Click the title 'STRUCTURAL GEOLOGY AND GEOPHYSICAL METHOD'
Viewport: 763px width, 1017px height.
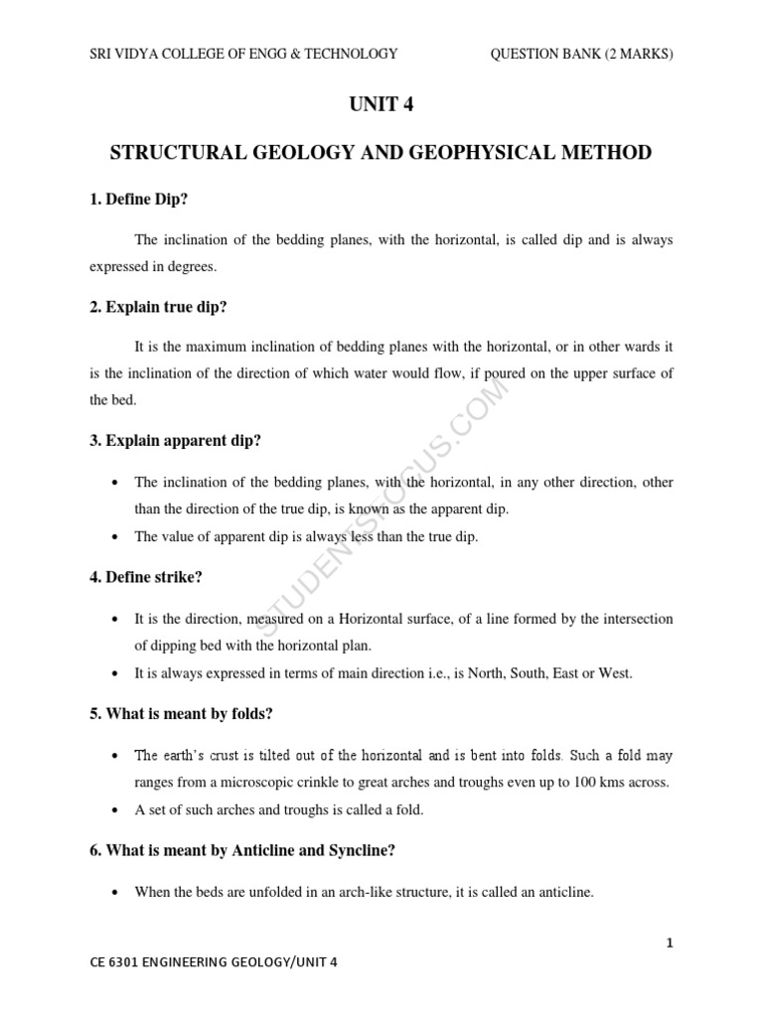pyautogui.click(x=381, y=153)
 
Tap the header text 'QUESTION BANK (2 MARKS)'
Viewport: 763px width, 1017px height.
pyautogui.click(x=581, y=54)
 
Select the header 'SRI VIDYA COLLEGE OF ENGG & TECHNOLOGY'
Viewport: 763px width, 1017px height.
pyautogui.click(x=243, y=54)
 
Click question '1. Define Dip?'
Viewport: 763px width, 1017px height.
pyautogui.click(x=139, y=200)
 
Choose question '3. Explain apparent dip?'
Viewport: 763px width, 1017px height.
pyautogui.click(x=176, y=440)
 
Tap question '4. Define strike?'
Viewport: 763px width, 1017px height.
pyautogui.click(x=146, y=576)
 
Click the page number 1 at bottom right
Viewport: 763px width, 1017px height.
pyautogui.click(x=671, y=944)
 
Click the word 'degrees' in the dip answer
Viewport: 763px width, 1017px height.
pyautogui.click(x=191, y=267)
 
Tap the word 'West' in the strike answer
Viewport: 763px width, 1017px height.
pyautogui.click(x=614, y=673)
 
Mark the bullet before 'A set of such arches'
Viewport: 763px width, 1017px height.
pyautogui.click(x=118, y=810)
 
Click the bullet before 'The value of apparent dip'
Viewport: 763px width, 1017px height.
pyautogui.click(x=118, y=537)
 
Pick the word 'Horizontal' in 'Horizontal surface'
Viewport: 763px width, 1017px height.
pyautogui.click(x=374, y=619)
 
